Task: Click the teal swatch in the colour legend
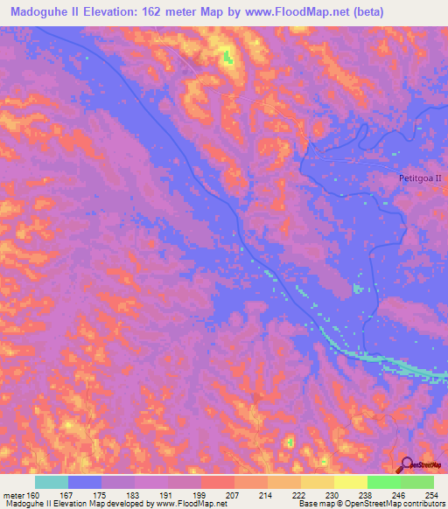[x=52, y=481]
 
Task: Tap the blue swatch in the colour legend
[x=85, y=481]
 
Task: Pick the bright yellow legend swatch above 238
[x=350, y=481]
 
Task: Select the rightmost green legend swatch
[x=417, y=481]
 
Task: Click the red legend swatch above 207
[x=218, y=481]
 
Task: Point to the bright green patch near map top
[x=228, y=58]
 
